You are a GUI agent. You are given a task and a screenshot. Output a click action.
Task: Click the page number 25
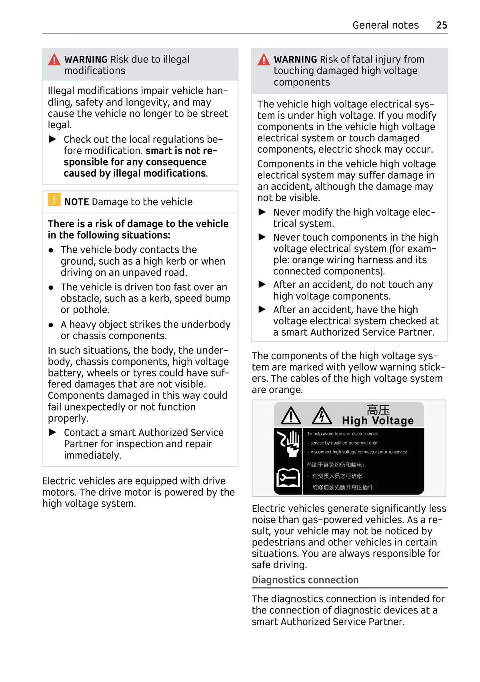pyautogui.click(x=442, y=25)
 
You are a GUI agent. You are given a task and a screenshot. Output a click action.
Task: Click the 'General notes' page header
pyautogui.click(x=385, y=25)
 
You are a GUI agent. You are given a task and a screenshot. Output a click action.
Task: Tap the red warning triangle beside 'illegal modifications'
pyautogui.click(x=54, y=60)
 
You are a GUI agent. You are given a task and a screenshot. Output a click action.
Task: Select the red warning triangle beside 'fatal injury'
pyautogui.click(x=264, y=60)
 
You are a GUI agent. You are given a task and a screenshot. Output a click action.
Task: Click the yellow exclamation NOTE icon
pyautogui.click(x=54, y=199)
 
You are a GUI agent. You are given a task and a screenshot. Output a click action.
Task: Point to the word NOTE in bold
pyautogui.click(x=76, y=202)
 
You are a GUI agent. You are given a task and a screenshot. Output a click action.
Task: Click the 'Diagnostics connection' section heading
pyautogui.click(x=305, y=580)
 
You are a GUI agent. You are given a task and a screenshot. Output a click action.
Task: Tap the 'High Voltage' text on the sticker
pyautogui.click(x=378, y=420)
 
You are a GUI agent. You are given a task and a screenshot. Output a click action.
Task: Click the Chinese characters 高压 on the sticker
pyautogui.click(x=378, y=410)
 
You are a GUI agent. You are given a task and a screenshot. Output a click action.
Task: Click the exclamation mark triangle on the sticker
pyautogui.click(x=291, y=416)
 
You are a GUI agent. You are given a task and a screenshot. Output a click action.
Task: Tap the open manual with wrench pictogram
pyautogui.click(x=288, y=477)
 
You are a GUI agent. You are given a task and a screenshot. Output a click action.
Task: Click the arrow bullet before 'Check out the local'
pyautogui.click(x=53, y=139)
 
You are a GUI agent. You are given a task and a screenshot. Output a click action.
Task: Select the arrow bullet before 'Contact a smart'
pyautogui.click(x=53, y=432)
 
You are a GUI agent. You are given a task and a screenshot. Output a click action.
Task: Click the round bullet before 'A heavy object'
pyautogui.click(x=51, y=325)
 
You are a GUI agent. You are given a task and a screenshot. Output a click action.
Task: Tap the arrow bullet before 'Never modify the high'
pyautogui.click(x=262, y=212)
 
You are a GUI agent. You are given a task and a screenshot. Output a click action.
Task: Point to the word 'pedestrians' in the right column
pyautogui.click(x=278, y=542)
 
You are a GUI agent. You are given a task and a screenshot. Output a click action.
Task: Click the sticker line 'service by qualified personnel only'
pyautogui.click(x=343, y=443)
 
